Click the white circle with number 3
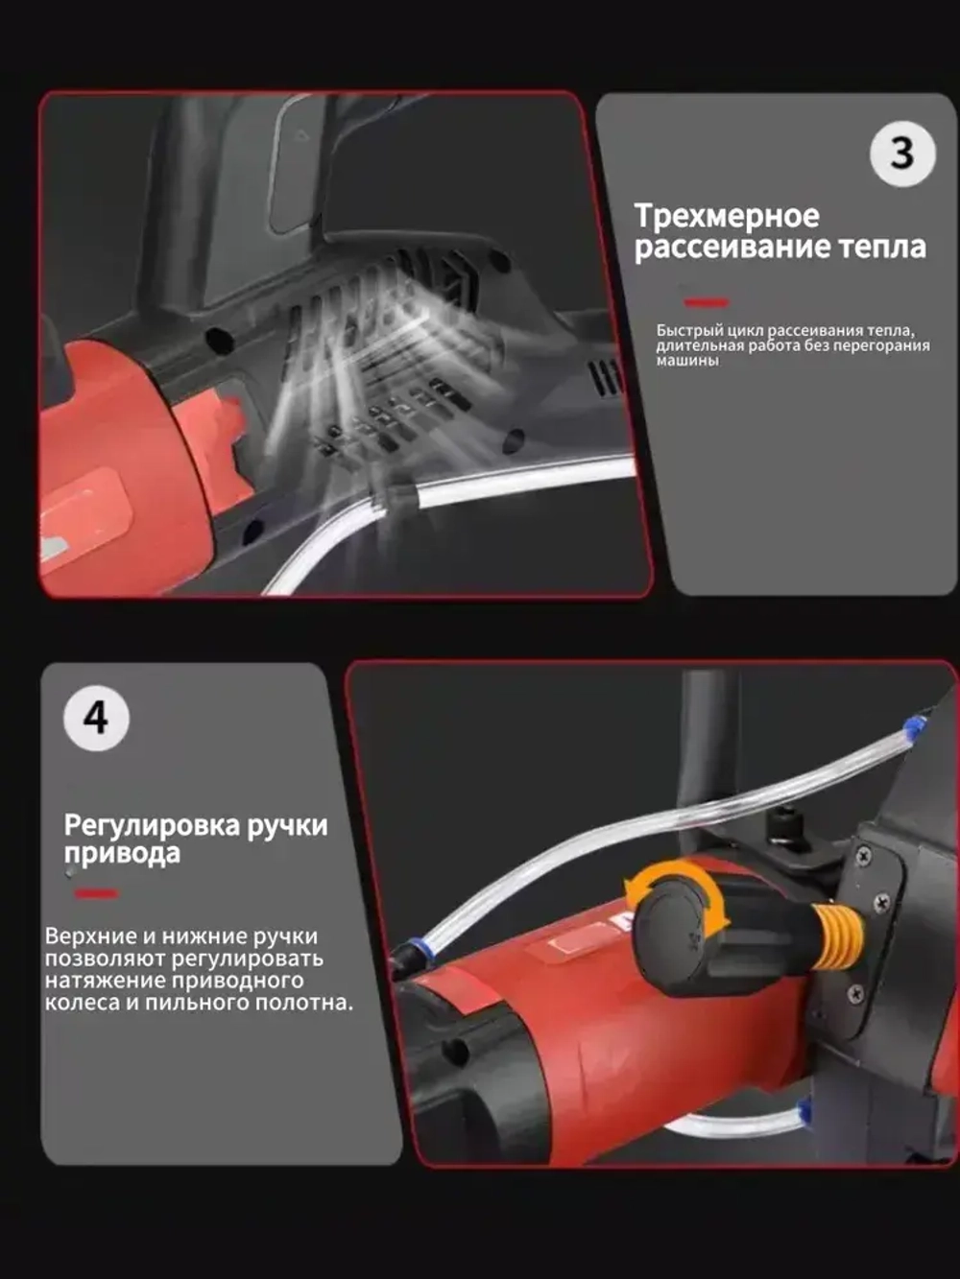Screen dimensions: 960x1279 click(x=902, y=154)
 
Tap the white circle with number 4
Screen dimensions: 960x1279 click(x=96, y=718)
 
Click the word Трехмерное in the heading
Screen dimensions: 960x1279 click(x=727, y=216)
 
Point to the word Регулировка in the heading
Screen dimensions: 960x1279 click(x=152, y=825)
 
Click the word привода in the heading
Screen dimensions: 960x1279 click(x=122, y=854)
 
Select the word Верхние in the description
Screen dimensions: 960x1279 click(x=90, y=936)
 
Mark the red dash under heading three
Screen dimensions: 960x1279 click(x=707, y=302)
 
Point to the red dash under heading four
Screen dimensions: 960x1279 click(x=96, y=893)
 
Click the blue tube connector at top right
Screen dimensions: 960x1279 click(x=912, y=725)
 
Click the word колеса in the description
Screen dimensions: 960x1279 click(x=81, y=1003)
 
